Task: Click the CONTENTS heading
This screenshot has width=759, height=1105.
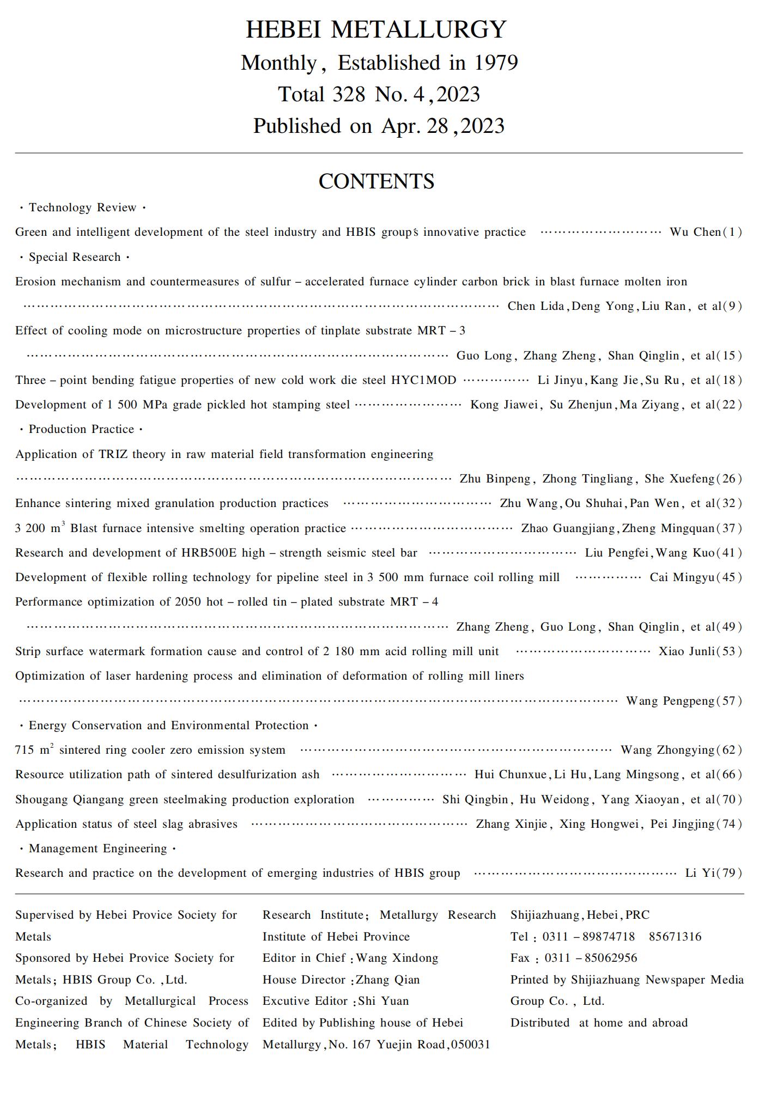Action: pos(376,181)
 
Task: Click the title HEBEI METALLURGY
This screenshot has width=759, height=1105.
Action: pos(376,29)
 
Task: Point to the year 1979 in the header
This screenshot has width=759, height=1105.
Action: pos(495,63)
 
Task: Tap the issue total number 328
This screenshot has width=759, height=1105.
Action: pos(349,95)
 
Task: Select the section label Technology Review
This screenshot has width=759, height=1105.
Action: pos(82,207)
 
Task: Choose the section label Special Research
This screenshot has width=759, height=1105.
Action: pos(75,257)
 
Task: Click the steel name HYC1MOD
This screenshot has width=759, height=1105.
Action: pos(423,380)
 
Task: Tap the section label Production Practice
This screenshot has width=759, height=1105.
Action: pos(81,429)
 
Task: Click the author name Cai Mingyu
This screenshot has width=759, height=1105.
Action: pos(682,577)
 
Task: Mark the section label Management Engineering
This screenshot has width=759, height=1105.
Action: pos(98,848)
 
